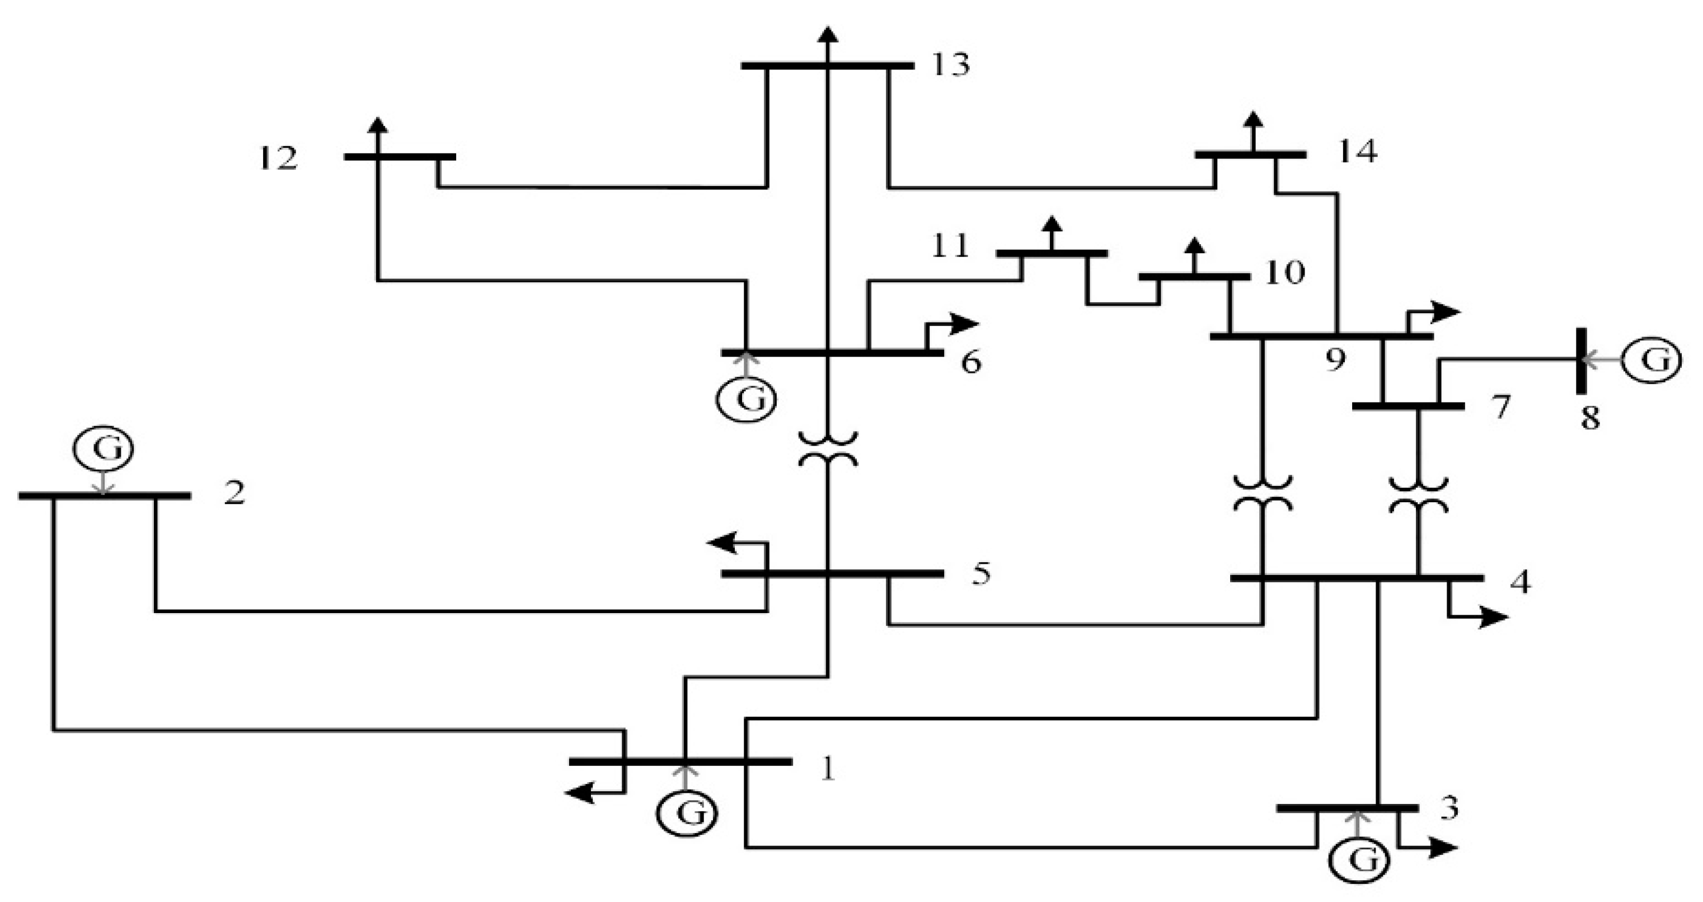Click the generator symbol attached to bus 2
click(103, 449)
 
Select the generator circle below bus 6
click(747, 400)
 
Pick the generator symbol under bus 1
click(686, 814)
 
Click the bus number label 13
click(950, 65)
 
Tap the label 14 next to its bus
click(1357, 152)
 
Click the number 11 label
click(950, 245)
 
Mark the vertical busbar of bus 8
click(1582, 361)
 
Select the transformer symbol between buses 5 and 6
click(828, 449)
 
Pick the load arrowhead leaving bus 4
click(1498, 617)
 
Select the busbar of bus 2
click(105, 496)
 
